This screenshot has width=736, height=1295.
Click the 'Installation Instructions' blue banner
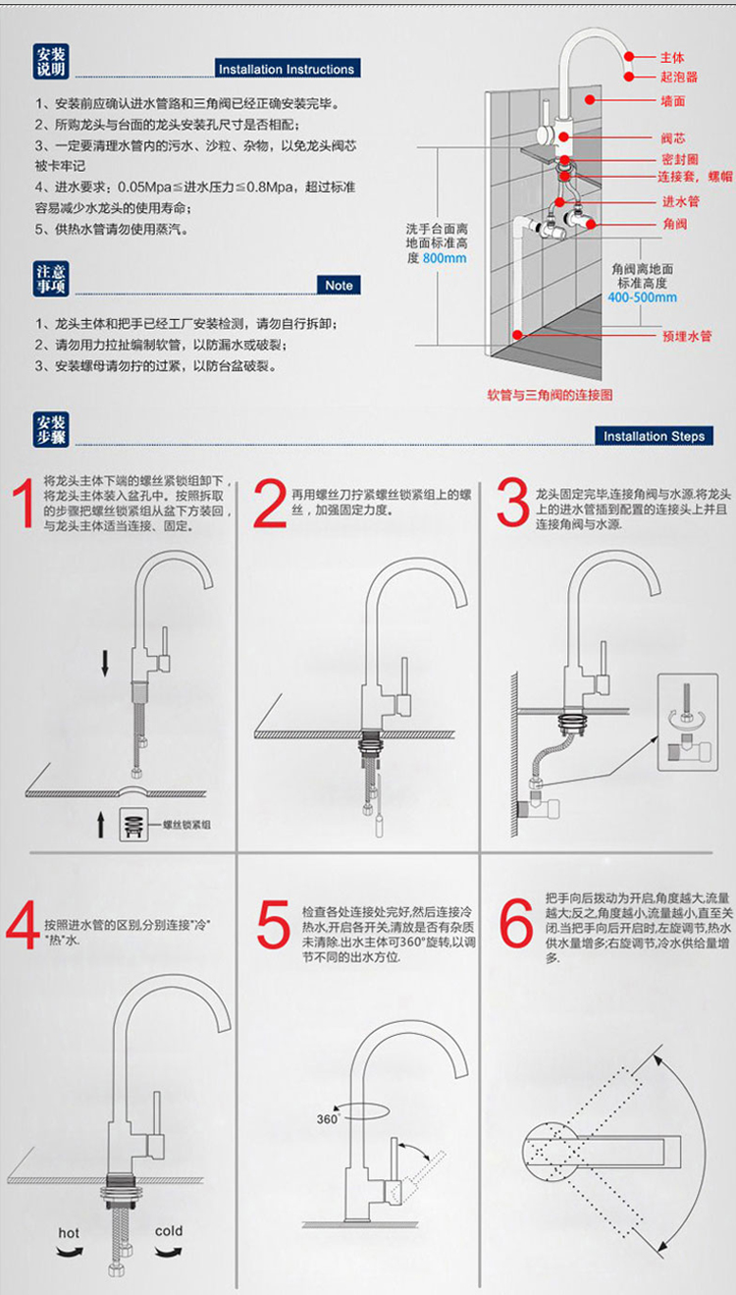point(288,68)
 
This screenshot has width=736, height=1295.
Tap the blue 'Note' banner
point(339,285)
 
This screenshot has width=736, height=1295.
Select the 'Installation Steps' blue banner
point(654,436)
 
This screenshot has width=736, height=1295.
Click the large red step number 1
point(24,504)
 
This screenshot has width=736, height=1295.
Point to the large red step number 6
point(515,923)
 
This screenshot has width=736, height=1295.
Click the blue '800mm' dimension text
point(445,258)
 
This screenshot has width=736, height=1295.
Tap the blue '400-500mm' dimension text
point(643,297)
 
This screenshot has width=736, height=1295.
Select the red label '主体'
point(672,57)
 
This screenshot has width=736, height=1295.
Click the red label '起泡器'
point(679,77)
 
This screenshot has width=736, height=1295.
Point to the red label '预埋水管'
point(687,336)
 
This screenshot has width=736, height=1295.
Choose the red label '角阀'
point(675,224)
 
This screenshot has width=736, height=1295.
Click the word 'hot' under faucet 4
point(69,1233)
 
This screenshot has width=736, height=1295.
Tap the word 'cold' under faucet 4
point(169,1231)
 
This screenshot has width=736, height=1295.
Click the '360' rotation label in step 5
point(327,1119)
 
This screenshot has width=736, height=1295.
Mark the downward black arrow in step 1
point(105,663)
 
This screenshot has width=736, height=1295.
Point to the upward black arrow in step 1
point(100,825)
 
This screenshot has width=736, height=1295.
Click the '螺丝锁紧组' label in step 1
point(186,825)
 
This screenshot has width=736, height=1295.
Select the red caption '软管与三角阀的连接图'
point(550,395)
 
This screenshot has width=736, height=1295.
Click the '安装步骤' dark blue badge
point(51,430)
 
